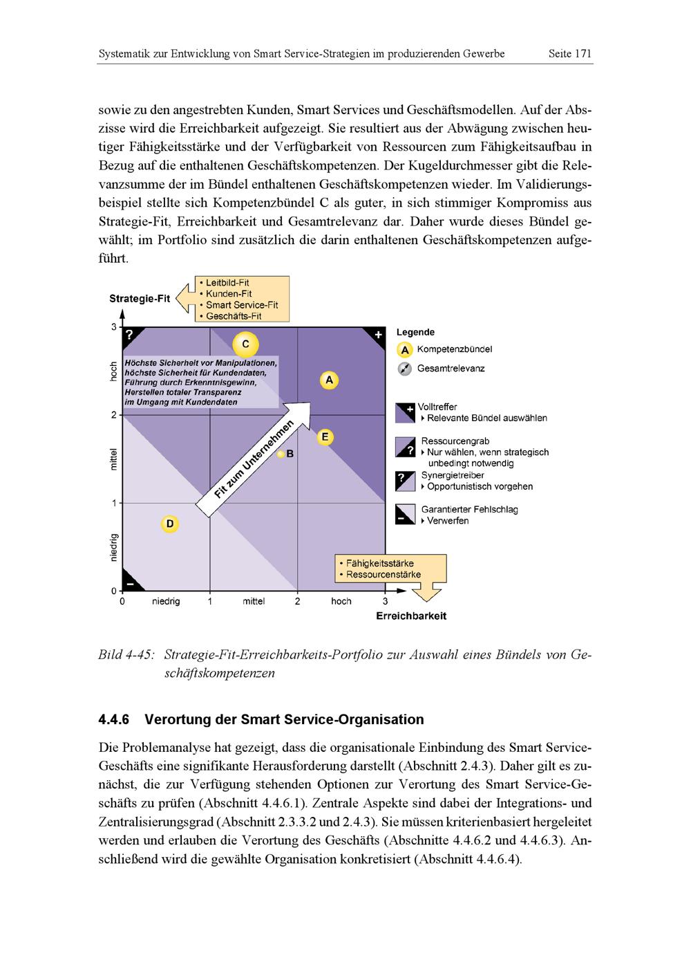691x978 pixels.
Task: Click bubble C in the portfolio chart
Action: pos(245,344)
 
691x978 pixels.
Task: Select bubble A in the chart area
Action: pos(329,380)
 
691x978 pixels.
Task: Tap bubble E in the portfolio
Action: pos(325,437)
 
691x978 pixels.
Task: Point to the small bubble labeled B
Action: pos(281,454)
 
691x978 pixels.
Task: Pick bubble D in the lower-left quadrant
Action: pos(169,524)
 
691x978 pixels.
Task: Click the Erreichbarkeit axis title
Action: pos(411,616)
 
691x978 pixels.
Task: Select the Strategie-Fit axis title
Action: pos(140,299)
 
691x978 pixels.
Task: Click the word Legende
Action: pos(415,333)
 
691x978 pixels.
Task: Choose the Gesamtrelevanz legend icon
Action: pos(405,369)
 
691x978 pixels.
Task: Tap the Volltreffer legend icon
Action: pos(405,413)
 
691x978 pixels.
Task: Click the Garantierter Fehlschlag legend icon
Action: pos(405,515)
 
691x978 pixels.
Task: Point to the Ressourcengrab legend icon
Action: pos(405,447)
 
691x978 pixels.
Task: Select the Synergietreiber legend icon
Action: pos(405,481)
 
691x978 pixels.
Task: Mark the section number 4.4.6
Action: pos(114,719)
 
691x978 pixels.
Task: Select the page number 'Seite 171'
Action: pos(570,53)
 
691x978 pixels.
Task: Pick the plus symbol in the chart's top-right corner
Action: pos(378,335)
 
